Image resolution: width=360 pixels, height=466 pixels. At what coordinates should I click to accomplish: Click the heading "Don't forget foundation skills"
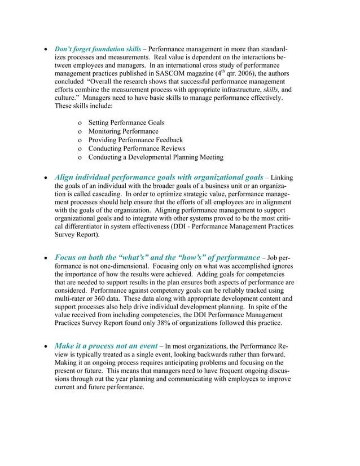(98, 49)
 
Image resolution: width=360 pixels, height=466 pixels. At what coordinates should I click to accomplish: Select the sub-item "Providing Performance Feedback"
(135, 140)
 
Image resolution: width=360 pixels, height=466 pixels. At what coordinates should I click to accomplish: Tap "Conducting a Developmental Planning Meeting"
(156, 157)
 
